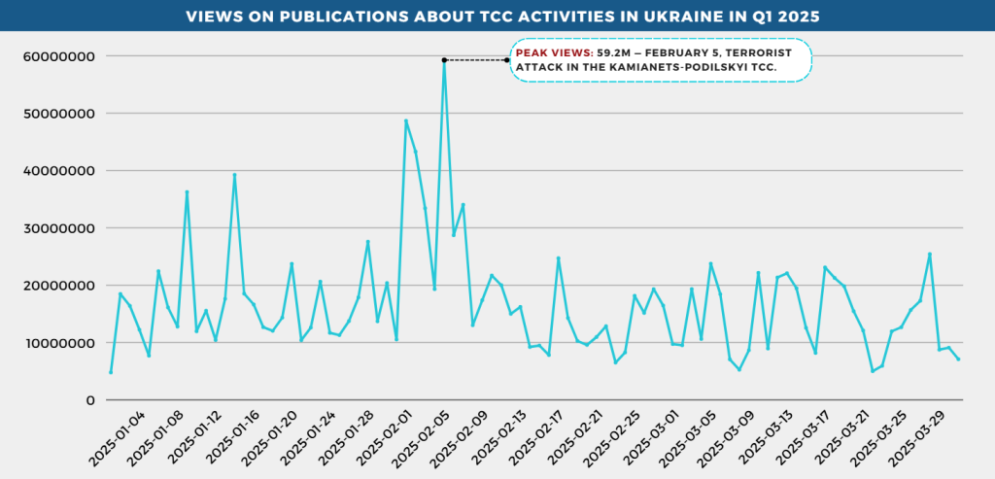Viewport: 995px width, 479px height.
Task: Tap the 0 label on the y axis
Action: click(x=89, y=400)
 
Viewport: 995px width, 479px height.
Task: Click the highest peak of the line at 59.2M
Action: click(x=444, y=60)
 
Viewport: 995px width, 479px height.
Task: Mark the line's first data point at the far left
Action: click(x=111, y=372)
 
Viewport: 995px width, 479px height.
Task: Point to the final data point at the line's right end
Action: click(x=959, y=360)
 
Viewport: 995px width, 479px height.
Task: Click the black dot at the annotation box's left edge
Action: click(x=507, y=60)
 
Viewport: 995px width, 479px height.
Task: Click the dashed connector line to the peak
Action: click(x=476, y=60)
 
